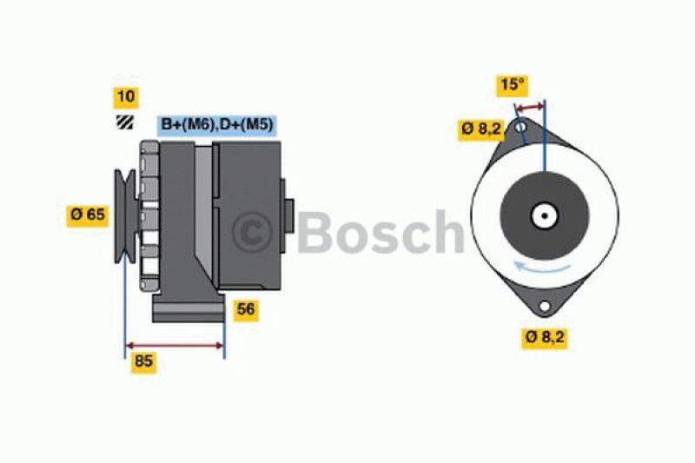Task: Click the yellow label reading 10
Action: click(x=126, y=97)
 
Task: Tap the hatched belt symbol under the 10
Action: click(x=125, y=124)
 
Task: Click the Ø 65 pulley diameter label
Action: click(x=88, y=214)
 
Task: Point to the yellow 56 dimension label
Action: click(x=247, y=309)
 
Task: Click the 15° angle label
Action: click(x=513, y=84)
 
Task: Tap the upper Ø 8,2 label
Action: click(x=481, y=129)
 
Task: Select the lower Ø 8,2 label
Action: click(x=545, y=337)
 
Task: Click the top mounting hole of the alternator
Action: click(x=520, y=129)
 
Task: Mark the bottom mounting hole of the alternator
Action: click(x=545, y=307)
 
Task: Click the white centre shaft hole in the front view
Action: click(x=545, y=215)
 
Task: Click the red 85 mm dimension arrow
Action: click(x=175, y=344)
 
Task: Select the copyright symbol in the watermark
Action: click(x=253, y=233)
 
